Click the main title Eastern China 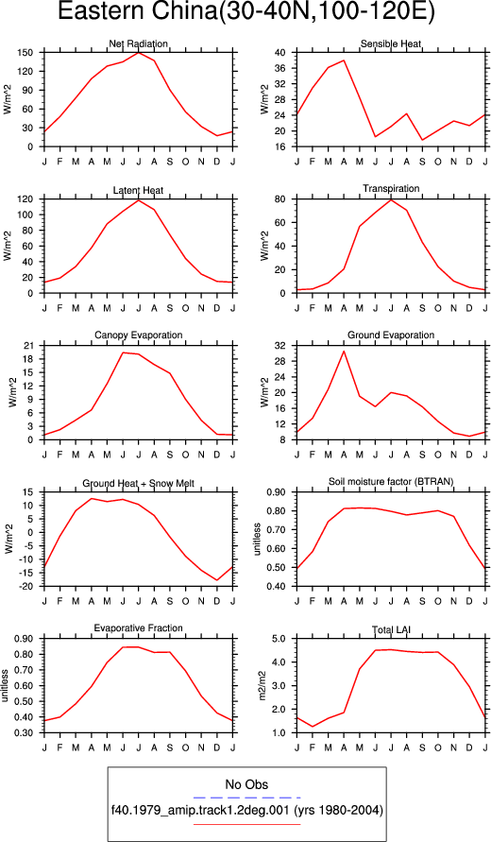(245, 12)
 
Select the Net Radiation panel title (139, 43)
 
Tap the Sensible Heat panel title (391, 43)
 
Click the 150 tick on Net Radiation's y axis (26, 53)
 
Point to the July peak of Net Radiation (139, 53)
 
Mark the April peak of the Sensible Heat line (344, 60)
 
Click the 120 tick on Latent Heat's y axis (26, 199)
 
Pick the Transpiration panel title (391, 188)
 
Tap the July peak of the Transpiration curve (391, 199)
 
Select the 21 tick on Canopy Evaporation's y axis (29, 346)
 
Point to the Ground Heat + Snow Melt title (139, 483)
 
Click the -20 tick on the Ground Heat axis (26, 587)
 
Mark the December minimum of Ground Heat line (217, 580)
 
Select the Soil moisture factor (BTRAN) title (391, 482)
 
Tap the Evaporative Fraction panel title (139, 627)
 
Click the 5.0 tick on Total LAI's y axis (280, 639)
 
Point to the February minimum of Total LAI (313, 727)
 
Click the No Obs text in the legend (246, 784)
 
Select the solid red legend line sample (246, 824)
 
